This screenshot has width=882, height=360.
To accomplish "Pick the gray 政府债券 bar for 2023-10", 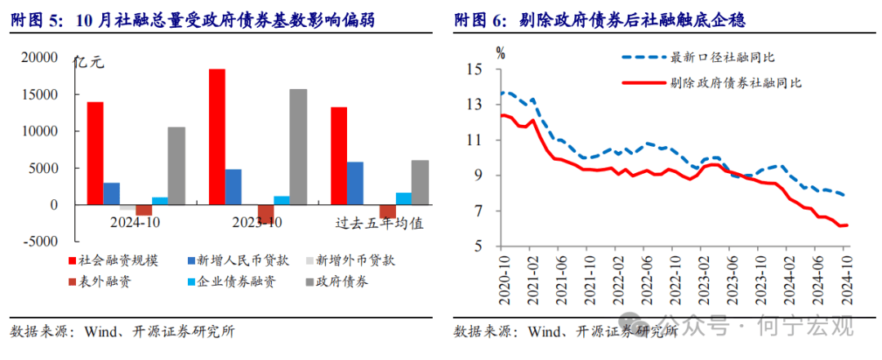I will point(298,147).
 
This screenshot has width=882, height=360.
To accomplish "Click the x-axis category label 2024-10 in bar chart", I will point(136,222).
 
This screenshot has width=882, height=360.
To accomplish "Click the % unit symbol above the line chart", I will point(501,54).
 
